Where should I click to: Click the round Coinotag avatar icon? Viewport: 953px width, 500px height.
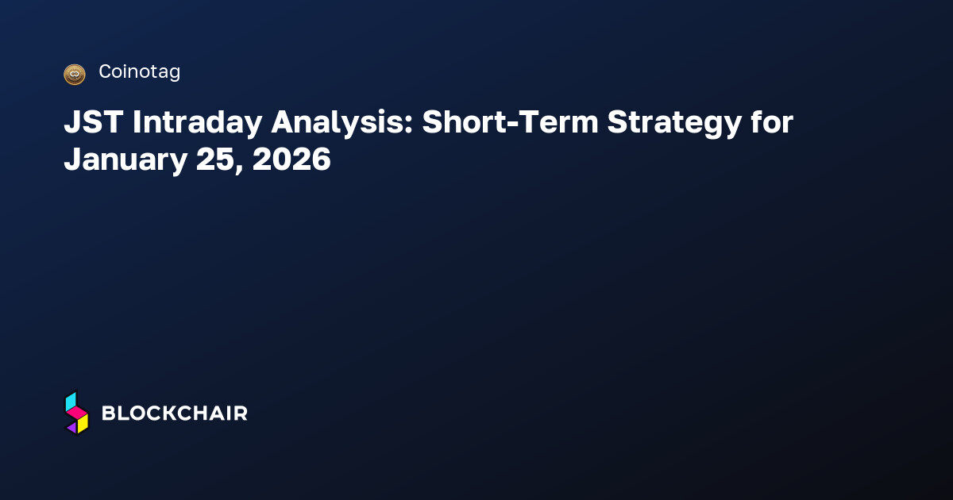coord(74,74)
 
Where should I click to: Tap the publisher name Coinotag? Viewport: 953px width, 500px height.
coord(139,72)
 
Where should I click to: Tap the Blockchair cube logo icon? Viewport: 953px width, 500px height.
coord(76,413)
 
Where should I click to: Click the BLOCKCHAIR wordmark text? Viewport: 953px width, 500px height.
coord(175,413)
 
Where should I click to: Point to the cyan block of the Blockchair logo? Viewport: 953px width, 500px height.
coord(71,401)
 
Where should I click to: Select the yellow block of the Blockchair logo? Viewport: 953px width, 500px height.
coord(83,424)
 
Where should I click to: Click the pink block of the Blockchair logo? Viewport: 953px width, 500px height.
coord(77,413)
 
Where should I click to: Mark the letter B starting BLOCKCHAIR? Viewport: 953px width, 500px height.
coord(109,413)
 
